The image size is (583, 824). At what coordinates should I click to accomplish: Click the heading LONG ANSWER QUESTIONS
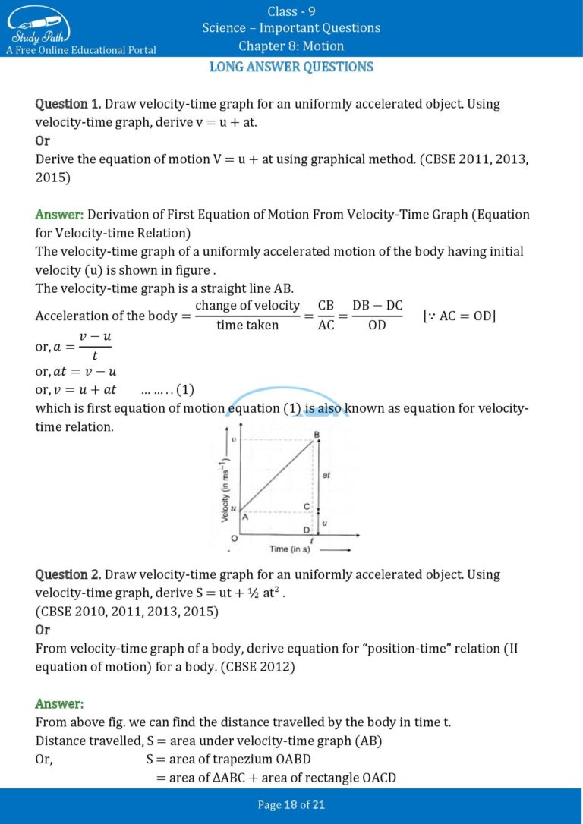tap(291, 67)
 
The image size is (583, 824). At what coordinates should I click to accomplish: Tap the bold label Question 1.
tap(68, 104)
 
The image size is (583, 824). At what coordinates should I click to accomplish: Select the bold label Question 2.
tap(68, 574)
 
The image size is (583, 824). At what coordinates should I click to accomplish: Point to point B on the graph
tap(316, 435)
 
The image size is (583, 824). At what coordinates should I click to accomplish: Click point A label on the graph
tap(244, 516)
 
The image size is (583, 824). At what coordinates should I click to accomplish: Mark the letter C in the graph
tap(307, 505)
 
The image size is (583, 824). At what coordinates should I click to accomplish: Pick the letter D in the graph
tap(307, 529)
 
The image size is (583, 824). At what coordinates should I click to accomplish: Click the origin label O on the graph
tap(225, 538)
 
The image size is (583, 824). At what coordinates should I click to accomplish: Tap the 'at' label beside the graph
tap(326, 475)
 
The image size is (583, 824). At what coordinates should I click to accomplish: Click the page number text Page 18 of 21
tap(291, 805)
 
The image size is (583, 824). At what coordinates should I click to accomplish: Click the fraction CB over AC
tap(326, 315)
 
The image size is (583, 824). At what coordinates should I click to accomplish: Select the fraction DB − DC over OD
tap(377, 315)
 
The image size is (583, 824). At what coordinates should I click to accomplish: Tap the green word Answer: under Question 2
tap(59, 704)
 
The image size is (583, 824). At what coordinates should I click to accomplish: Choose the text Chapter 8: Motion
tap(291, 46)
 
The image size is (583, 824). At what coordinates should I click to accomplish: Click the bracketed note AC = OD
tap(459, 315)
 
